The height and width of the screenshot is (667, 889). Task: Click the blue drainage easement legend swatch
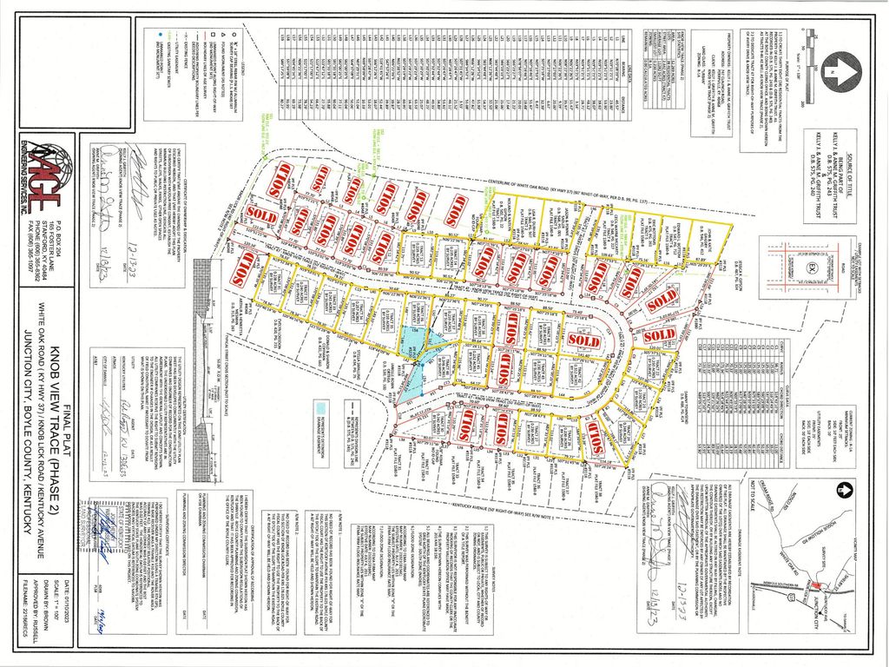pos(321,406)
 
